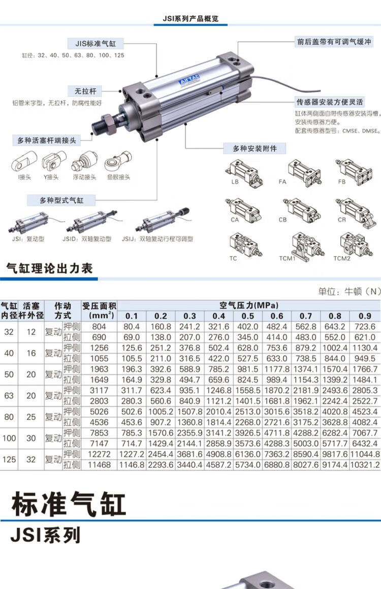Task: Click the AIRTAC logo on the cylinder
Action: pos(189,80)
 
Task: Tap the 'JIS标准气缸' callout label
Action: pos(96,44)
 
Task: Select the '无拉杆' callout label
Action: pos(85,91)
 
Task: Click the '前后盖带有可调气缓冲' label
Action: pos(334,42)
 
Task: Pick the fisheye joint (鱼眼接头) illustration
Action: pos(118,161)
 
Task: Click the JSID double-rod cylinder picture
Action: pos(92,221)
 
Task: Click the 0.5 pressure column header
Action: pos(247,316)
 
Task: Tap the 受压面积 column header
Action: pos(99,310)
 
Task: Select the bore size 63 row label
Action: pos(9,396)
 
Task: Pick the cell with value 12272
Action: pos(99,454)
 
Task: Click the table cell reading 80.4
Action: pos(131,327)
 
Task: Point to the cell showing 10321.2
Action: pos(365,465)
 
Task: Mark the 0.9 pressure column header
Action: pos(364,316)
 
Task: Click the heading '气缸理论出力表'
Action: pos(49,268)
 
